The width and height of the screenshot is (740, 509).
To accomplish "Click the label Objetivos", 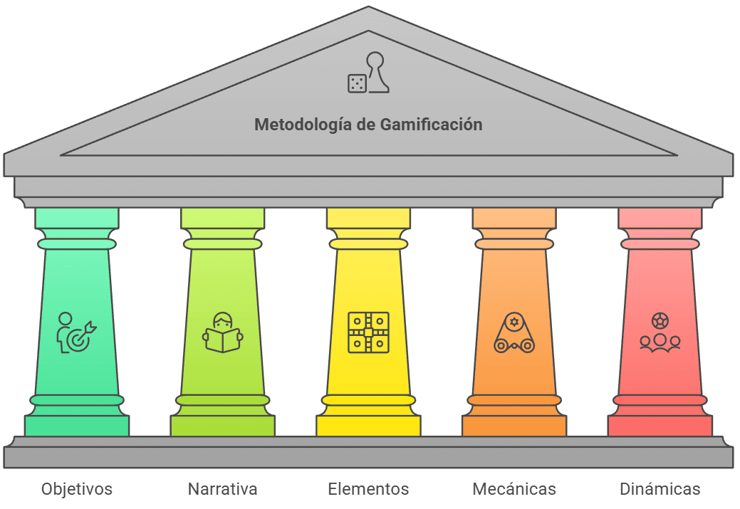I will (77, 489).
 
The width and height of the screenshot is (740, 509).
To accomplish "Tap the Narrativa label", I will (222, 489).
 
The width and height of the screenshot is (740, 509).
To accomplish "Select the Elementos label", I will (368, 489).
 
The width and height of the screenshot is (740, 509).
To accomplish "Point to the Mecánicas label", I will (514, 489).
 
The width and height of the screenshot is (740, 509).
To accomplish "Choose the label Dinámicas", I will (660, 489).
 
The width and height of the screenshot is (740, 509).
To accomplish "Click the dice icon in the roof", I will (357, 83).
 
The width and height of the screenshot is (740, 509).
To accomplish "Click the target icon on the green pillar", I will (76, 333).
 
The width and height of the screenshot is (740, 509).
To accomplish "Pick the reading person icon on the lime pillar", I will (222, 332).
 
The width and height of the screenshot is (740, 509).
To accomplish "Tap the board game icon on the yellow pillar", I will (368, 332).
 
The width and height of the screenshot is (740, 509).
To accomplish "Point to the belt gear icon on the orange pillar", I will (514, 332).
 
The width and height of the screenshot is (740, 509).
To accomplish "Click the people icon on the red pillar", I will (660, 332).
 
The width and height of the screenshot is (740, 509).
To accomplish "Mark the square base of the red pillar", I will (660, 426).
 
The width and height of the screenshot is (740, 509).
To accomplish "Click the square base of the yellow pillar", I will (368, 426).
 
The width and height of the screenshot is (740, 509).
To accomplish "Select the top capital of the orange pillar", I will (514, 218).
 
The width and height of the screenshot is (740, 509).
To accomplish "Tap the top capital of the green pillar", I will (77, 218).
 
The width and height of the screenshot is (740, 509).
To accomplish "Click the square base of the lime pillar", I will (222, 426).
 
